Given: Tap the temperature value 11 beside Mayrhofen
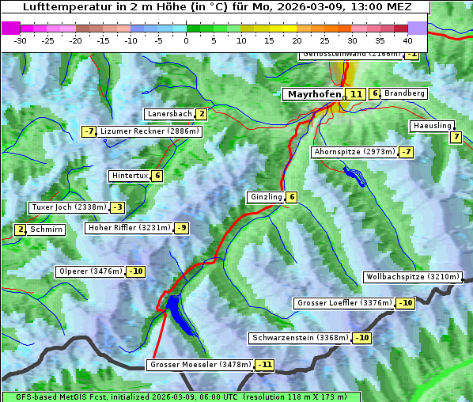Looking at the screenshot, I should click(x=356, y=94).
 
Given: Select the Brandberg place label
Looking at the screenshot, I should click(x=404, y=93).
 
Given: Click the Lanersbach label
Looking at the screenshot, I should click(x=169, y=114).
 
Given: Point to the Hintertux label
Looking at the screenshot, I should click(x=128, y=176).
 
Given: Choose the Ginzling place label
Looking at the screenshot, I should click(x=266, y=197).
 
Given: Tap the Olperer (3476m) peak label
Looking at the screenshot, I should click(x=90, y=271).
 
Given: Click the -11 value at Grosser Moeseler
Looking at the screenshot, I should click(x=264, y=366).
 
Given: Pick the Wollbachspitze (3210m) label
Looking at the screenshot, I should click(x=411, y=277).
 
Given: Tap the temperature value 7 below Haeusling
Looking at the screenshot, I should click(x=455, y=137).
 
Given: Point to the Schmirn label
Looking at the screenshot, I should click(x=47, y=229).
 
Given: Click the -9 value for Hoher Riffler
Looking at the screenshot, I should click(x=182, y=228).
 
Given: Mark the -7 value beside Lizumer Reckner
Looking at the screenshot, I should click(x=89, y=131).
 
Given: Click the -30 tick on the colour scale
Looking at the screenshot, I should click(x=21, y=40).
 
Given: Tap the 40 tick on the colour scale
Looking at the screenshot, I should click(x=407, y=40).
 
